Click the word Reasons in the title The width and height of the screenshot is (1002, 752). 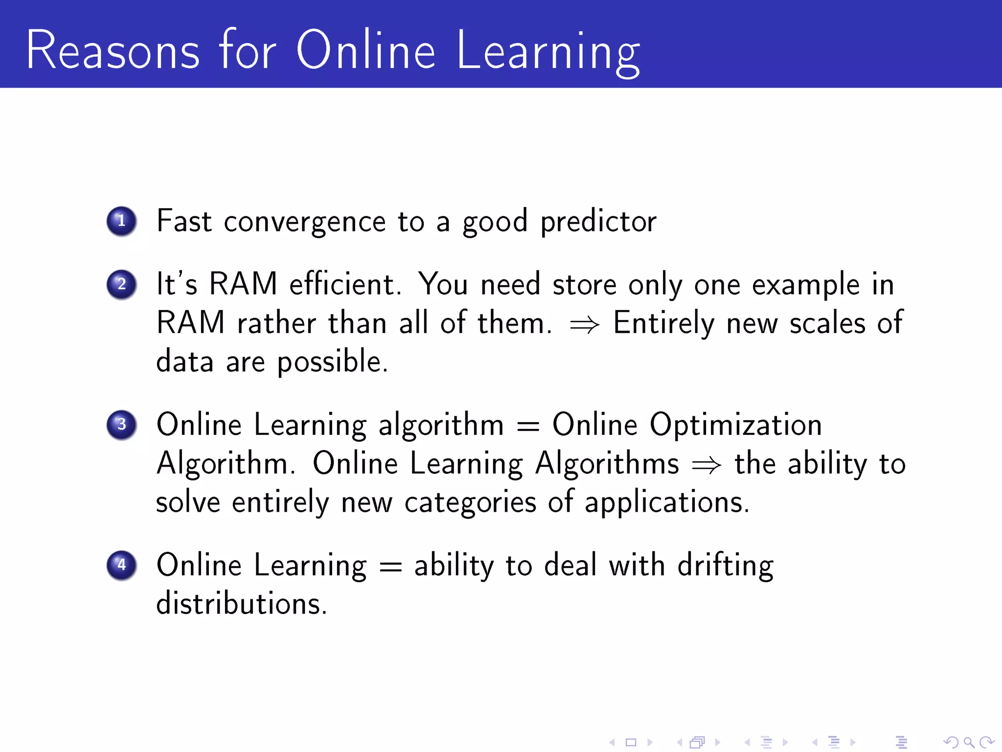coord(113,50)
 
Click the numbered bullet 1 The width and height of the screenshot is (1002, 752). coord(121,221)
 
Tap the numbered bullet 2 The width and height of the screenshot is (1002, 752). coord(121,284)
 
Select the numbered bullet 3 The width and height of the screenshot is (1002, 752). coord(121,424)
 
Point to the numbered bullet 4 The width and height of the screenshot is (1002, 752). coord(121,565)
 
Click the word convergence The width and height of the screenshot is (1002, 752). coord(305,222)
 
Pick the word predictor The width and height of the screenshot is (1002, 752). coord(598,222)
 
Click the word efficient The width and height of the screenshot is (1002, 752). coord(345,284)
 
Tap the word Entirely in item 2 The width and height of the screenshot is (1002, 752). coord(663,324)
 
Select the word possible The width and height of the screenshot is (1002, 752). coord(333,362)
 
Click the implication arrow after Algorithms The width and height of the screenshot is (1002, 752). coord(706,465)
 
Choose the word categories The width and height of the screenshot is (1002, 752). coord(470,503)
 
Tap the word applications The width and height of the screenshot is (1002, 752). coord(666,503)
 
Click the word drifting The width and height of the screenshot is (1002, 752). coord(725,566)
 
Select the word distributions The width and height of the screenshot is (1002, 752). coord(241,603)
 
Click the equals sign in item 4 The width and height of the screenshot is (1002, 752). coord(390,567)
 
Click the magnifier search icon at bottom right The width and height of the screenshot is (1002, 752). coord(968,743)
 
